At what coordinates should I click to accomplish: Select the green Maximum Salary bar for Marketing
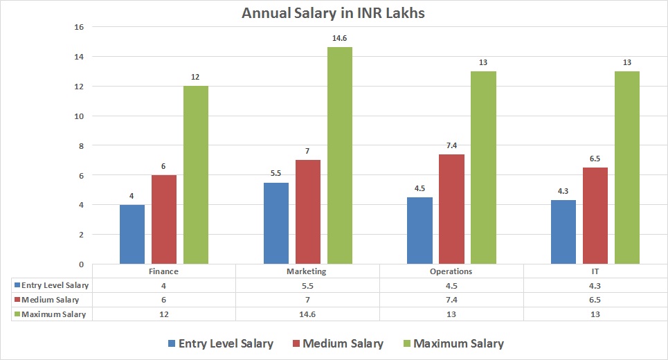(340, 156)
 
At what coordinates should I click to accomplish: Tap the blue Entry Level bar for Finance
(132, 234)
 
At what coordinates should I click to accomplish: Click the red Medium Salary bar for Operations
(452, 209)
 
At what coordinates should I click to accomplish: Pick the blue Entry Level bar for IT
(563, 232)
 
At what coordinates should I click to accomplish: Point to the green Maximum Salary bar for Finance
(196, 174)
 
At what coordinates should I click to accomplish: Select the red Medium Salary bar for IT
(595, 215)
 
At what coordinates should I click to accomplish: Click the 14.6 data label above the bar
(340, 39)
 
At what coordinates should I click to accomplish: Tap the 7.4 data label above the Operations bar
(452, 147)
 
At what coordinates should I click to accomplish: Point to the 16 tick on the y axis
(78, 27)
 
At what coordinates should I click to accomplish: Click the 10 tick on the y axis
(78, 116)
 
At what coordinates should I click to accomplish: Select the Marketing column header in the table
(307, 271)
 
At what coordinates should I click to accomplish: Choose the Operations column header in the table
(451, 271)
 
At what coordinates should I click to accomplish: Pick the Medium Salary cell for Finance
(163, 300)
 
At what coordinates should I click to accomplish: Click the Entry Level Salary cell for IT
(595, 285)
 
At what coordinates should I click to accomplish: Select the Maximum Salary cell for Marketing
(307, 314)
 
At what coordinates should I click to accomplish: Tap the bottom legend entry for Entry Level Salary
(220, 343)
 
